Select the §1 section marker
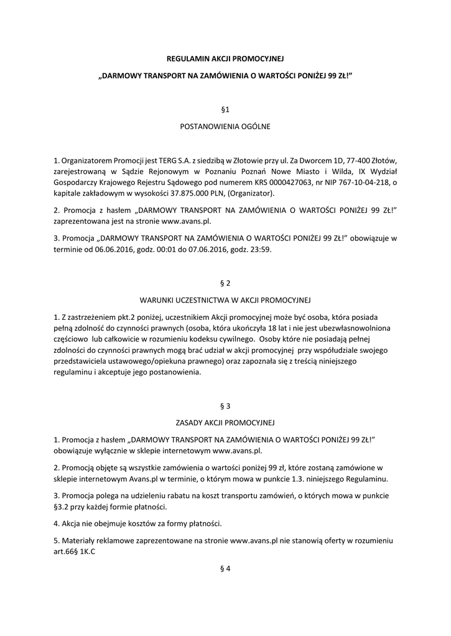click(225, 109)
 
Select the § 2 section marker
click(225, 283)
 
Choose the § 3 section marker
click(225, 406)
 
